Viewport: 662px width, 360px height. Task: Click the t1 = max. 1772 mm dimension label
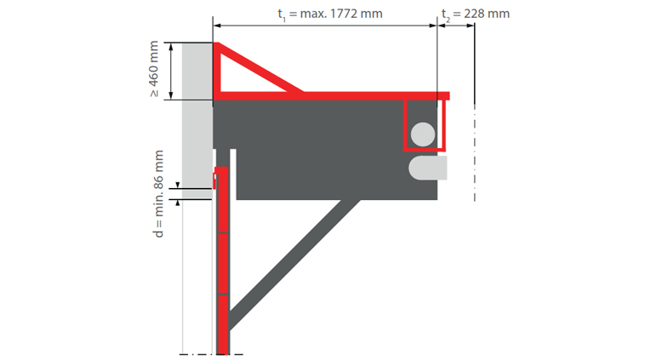point(330,14)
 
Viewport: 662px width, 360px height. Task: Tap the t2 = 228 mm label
point(476,14)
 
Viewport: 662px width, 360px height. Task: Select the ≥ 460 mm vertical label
point(154,69)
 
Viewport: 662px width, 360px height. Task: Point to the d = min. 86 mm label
point(158,194)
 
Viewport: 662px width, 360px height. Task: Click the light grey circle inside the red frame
point(423,134)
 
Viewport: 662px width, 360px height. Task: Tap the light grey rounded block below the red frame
point(428,168)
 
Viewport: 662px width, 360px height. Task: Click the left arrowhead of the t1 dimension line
point(217,26)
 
